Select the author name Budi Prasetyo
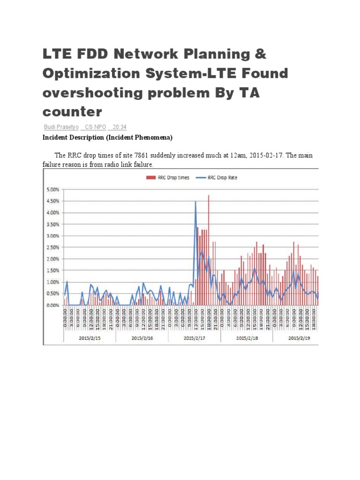(x=61, y=127)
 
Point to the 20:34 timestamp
(x=120, y=127)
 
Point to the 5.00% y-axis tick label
(x=52, y=190)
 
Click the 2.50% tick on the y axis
(x=52, y=247)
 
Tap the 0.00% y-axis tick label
(x=52, y=305)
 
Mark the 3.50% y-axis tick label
(x=52, y=225)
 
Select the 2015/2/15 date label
(x=89, y=337)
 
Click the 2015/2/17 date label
(x=194, y=337)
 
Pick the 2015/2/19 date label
(x=299, y=337)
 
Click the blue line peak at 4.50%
(x=195, y=202)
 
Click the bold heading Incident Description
(x=107, y=137)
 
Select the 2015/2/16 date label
(x=142, y=337)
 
